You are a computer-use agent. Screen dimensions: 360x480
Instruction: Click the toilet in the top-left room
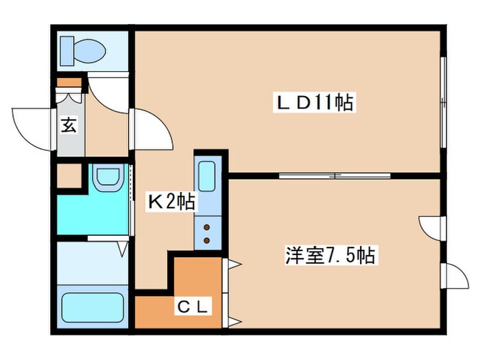pos(81,49)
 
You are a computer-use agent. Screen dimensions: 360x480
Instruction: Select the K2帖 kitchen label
pos(171,202)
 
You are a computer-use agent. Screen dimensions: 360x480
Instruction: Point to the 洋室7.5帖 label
pos(330,256)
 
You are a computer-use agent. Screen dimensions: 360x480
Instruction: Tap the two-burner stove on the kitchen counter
pos(206,231)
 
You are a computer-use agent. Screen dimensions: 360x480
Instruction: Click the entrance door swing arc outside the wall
pos(30,125)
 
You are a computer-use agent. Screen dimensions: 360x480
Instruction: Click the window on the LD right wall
pos(443,103)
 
